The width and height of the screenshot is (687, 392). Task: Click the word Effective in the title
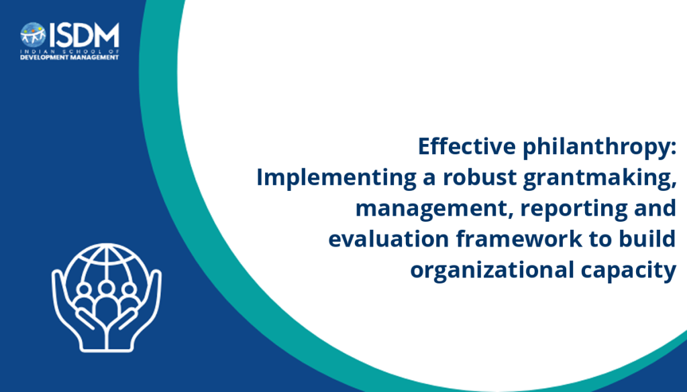pyautogui.click(x=467, y=146)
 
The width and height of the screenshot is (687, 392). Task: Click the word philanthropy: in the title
pyautogui.click(x=599, y=147)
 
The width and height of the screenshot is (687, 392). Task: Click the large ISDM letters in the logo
pyautogui.click(x=84, y=36)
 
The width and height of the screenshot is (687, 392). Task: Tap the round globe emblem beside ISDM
pyautogui.click(x=33, y=35)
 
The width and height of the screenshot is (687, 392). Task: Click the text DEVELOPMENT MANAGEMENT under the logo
pyautogui.click(x=70, y=58)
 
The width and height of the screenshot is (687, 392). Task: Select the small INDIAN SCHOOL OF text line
pyautogui.click(x=70, y=51)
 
